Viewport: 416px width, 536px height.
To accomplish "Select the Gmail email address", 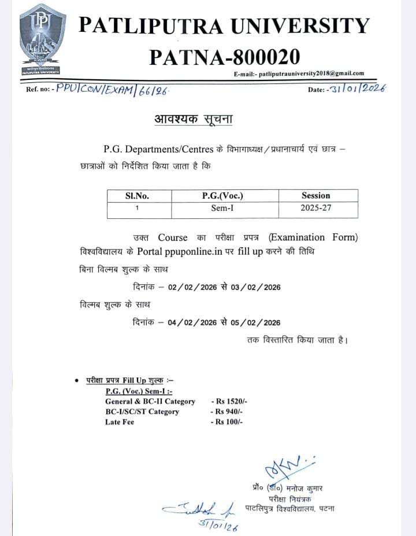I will pyautogui.click(x=311, y=74).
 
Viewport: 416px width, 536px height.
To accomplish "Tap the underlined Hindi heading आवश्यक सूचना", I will pyautogui.click(x=194, y=120).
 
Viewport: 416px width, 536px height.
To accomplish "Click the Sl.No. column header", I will pyautogui.click(x=137, y=196).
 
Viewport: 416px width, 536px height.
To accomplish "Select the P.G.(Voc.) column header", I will pyautogui.click(x=222, y=196).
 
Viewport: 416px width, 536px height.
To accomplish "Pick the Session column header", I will pyautogui.click(x=315, y=196).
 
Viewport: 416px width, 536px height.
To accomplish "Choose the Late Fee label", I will pyautogui.click(x=120, y=422).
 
